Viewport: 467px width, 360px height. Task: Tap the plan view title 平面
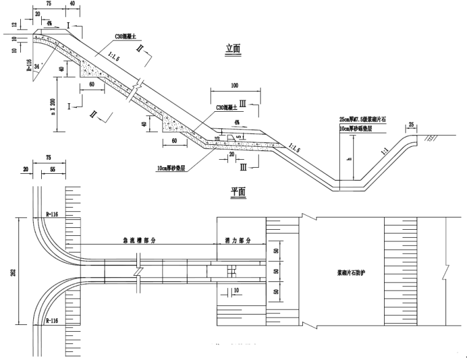[238, 192]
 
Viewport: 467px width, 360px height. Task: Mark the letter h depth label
[348, 158]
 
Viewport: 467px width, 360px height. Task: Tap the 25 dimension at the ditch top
[410, 125]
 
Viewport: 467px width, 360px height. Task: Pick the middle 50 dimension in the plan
[276, 270]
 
